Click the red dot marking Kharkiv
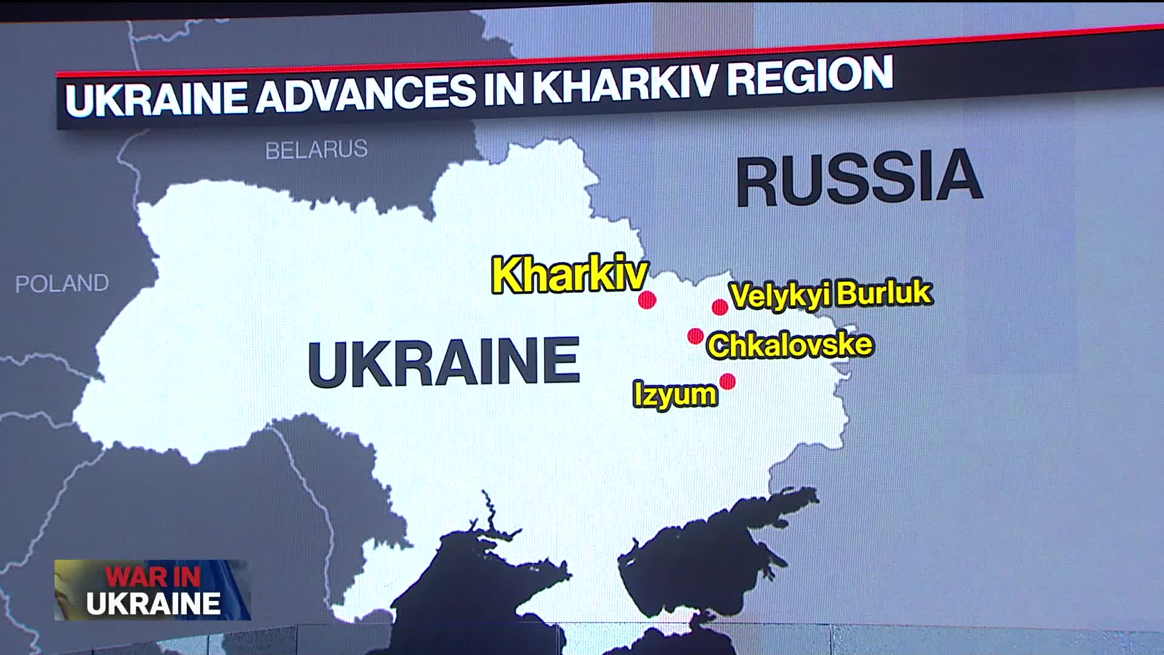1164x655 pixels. (x=647, y=300)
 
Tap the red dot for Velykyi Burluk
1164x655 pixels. (x=720, y=307)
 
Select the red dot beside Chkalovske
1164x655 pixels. (x=695, y=335)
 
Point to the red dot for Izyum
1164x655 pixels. (x=727, y=381)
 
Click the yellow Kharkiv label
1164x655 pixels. (x=569, y=275)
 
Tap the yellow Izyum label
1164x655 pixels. (x=675, y=395)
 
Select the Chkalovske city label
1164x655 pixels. (x=790, y=345)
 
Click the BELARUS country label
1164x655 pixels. (x=316, y=149)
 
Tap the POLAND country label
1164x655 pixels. (x=62, y=283)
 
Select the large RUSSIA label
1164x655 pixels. (x=858, y=178)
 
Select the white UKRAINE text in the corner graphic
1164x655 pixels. (x=153, y=604)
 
